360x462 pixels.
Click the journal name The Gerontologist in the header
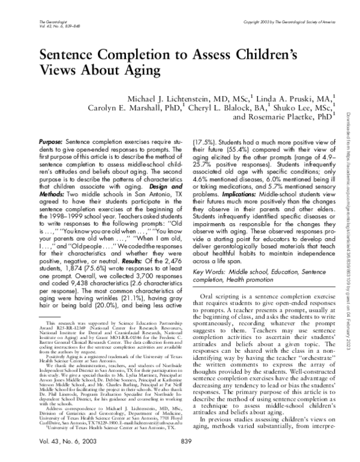pos(34,21)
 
